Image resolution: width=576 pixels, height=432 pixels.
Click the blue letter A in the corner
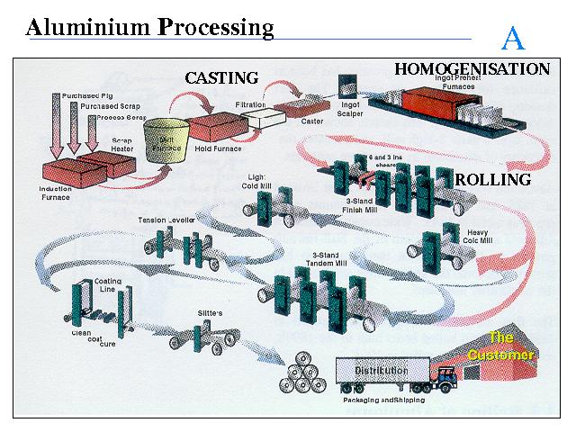coord(513,39)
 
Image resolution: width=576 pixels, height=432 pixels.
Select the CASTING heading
coord(221,78)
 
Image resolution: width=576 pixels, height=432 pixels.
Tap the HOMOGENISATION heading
coord(472,68)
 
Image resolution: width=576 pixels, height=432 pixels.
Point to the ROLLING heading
coord(493,179)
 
